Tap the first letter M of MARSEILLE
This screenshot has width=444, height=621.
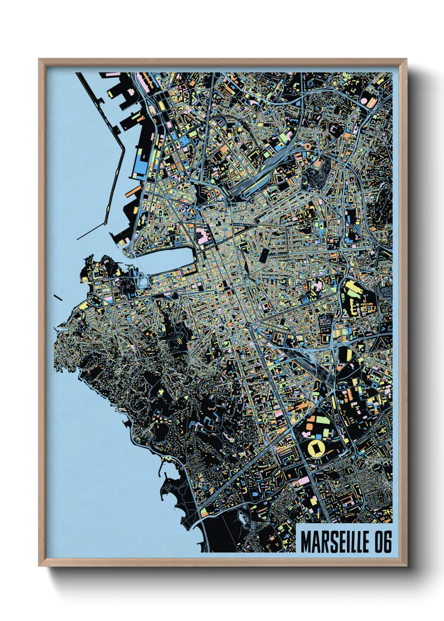point(306,542)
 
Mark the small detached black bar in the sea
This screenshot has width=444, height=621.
point(58,297)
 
